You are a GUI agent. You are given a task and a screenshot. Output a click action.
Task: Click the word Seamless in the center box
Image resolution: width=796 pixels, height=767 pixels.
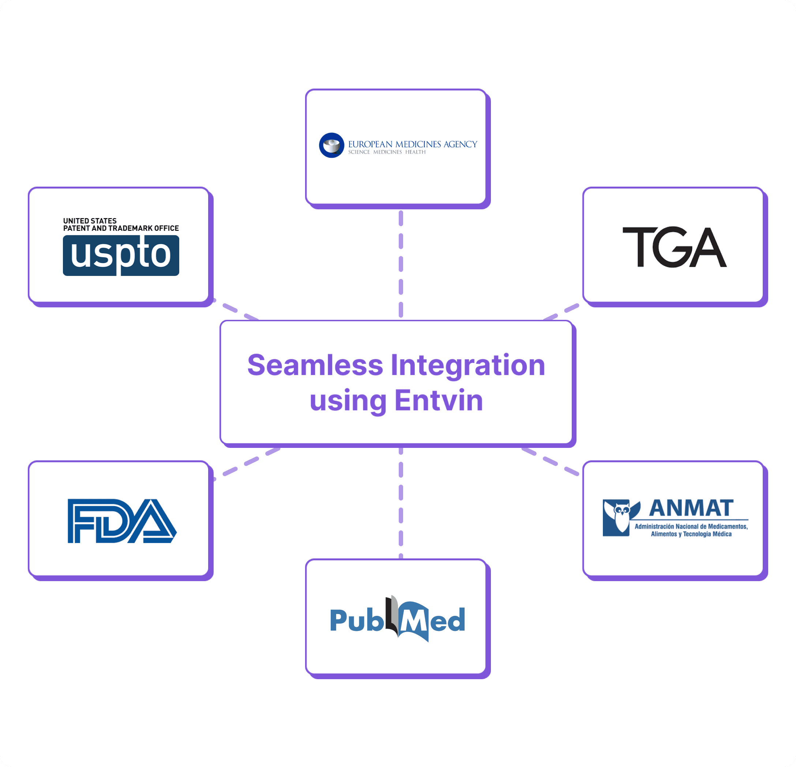pyautogui.click(x=315, y=365)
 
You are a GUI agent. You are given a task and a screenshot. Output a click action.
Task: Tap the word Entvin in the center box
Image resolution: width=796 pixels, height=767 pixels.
pyautogui.click(x=439, y=401)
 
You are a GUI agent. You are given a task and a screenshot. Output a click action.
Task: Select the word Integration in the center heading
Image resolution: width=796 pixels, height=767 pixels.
pyautogui.click(x=468, y=365)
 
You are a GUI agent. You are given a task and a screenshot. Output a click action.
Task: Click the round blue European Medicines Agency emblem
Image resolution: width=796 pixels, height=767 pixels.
pyautogui.click(x=331, y=145)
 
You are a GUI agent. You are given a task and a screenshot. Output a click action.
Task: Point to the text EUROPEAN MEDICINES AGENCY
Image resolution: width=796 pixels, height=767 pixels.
pyautogui.click(x=412, y=144)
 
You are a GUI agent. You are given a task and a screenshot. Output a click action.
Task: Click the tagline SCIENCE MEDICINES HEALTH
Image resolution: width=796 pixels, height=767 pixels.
pyautogui.click(x=387, y=152)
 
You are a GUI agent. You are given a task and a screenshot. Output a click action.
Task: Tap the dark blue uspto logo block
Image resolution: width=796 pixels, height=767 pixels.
pyautogui.click(x=121, y=255)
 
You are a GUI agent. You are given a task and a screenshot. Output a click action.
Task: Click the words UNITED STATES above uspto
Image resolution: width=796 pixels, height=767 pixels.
pyautogui.click(x=90, y=221)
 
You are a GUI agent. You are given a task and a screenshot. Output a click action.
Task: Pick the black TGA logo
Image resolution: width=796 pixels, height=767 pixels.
pyautogui.click(x=674, y=247)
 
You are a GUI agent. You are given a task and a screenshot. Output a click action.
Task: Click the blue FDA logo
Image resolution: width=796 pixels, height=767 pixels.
pyautogui.click(x=122, y=521)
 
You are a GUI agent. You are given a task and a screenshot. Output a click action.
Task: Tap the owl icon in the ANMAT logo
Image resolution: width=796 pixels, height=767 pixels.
pyautogui.click(x=621, y=517)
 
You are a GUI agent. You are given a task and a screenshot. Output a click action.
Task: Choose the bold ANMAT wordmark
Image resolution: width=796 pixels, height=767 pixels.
pyautogui.click(x=691, y=508)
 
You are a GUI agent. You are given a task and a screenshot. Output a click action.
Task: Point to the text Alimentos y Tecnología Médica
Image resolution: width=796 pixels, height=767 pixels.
pyautogui.click(x=691, y=534)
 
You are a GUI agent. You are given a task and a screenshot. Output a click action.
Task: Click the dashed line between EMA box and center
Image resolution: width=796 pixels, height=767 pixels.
pyautogui.click(x=401, y=264)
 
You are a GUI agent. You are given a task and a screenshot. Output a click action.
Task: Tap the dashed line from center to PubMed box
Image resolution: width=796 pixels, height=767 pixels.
pyautogui.click(x=401, y=504)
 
